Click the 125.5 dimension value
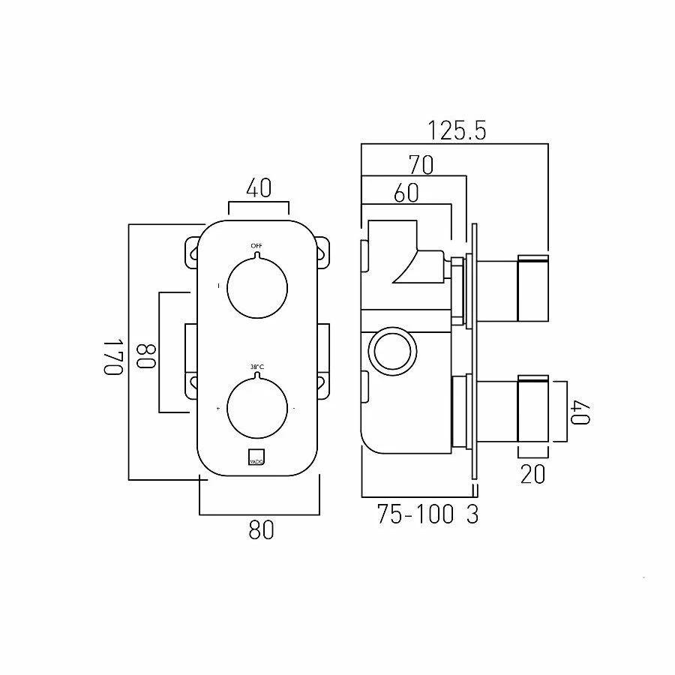[457, 131]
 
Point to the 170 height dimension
[112, 358]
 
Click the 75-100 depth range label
[415, 514]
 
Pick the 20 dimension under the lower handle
[533, 475]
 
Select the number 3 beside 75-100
[472, 514]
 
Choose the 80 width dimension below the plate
[260, 530]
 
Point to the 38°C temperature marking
[256, 367]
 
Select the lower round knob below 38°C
[256, 408]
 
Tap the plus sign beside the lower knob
[218, 409]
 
